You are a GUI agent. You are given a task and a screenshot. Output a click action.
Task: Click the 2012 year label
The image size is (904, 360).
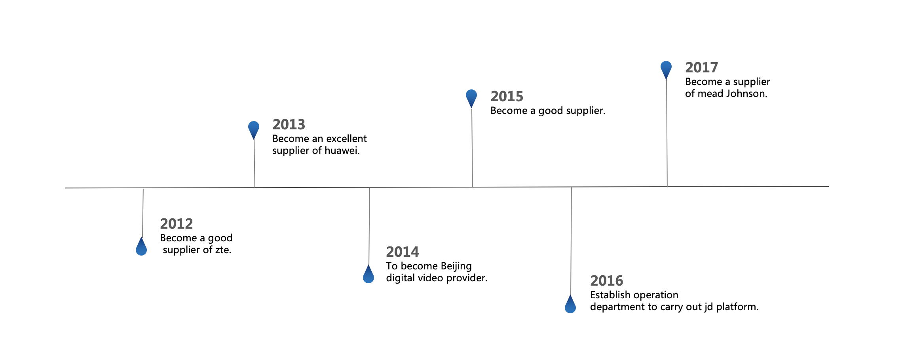point(177,224)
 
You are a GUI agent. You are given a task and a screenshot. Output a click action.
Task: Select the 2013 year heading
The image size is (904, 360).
point(289,125)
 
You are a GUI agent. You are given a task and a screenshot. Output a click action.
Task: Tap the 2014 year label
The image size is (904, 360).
point(403,252)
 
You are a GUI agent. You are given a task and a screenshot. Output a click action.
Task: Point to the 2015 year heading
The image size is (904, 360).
point(507,97)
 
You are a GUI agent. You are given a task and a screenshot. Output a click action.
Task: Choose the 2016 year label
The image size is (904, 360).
point(607,281)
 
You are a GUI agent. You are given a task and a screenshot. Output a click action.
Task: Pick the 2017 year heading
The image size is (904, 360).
point(702,68)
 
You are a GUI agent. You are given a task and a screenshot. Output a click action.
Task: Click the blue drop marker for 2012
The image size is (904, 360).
point(141,246)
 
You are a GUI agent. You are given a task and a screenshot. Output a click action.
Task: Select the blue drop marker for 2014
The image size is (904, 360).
point(368,274)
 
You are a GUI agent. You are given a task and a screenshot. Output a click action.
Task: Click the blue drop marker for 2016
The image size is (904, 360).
point(570,304)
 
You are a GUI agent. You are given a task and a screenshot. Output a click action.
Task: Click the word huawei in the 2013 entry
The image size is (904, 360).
point(342,151)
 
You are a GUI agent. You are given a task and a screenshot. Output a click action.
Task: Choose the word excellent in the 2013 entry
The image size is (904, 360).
point(346,139)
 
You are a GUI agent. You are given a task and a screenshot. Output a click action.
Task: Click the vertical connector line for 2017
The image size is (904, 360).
point(667,133)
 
